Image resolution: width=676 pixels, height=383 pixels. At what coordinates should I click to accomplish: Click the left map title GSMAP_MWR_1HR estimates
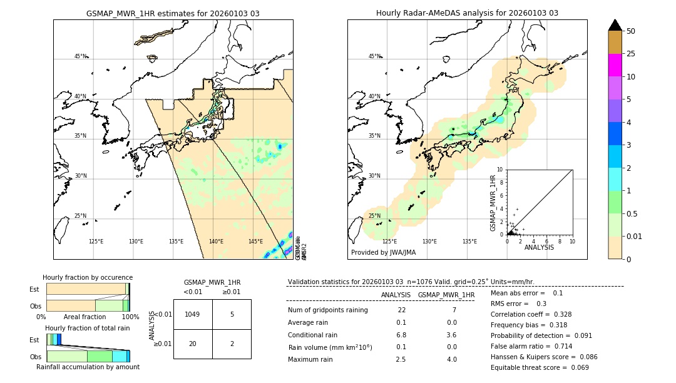[173, 13]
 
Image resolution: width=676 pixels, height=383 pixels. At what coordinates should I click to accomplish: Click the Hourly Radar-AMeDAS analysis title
[467, 13]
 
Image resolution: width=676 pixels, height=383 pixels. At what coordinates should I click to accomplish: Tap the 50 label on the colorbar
[631, 31]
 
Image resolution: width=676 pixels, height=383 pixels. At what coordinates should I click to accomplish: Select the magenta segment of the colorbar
[615, 65]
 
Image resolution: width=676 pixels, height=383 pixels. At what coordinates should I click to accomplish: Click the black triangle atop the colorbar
[615, 25]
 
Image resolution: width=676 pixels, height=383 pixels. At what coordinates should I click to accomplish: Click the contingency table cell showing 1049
[193, 314]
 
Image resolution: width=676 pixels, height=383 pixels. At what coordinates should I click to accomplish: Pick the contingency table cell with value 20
[193, 344]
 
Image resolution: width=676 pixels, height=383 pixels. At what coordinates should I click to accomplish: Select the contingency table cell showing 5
[232, 314]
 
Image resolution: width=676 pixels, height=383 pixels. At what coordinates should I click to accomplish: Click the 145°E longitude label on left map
[255, 242]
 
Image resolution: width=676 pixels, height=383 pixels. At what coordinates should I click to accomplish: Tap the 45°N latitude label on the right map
[374, 56]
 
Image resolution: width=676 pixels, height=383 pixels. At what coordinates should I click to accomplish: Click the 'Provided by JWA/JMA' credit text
[383, 252]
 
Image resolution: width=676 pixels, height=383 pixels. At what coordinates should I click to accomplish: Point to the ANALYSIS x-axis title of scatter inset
[539, 247]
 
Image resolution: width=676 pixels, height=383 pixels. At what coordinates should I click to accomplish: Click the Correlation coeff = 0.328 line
[531, 314]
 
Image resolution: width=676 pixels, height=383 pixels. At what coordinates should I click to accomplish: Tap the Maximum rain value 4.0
[451, 359]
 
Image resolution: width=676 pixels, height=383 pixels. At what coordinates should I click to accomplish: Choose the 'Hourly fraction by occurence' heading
[88, 277]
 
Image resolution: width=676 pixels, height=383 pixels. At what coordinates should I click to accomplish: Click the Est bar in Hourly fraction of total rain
[54, 339]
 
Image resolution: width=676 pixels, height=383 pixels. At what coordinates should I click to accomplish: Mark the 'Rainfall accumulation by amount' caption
[88, 367]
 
